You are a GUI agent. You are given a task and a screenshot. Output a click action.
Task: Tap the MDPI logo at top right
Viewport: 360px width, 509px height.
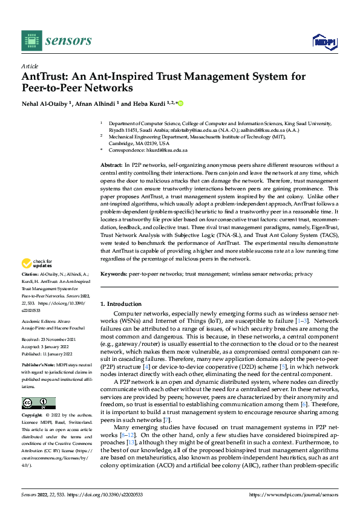click(x=324, y=41)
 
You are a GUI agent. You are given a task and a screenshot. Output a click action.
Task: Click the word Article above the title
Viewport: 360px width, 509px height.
click(x=30, y=66)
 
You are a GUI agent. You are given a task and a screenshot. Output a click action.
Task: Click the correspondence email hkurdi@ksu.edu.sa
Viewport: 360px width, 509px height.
click(x=166, y=150)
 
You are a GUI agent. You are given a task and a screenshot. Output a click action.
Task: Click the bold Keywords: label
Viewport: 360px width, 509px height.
click(x=113, y=274)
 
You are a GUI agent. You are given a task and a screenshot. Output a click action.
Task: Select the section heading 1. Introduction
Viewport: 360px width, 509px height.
click(x=120, y=304)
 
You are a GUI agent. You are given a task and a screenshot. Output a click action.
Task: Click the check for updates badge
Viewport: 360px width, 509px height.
click(x=36, y=264)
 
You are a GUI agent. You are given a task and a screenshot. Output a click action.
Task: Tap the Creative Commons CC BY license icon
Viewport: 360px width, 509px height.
click(x=38, y=403)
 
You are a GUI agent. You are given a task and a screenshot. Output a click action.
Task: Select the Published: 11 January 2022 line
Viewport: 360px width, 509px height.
click(x=49, y=354)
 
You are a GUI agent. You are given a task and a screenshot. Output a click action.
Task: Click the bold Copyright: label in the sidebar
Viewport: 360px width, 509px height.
click(x=33, y=416)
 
